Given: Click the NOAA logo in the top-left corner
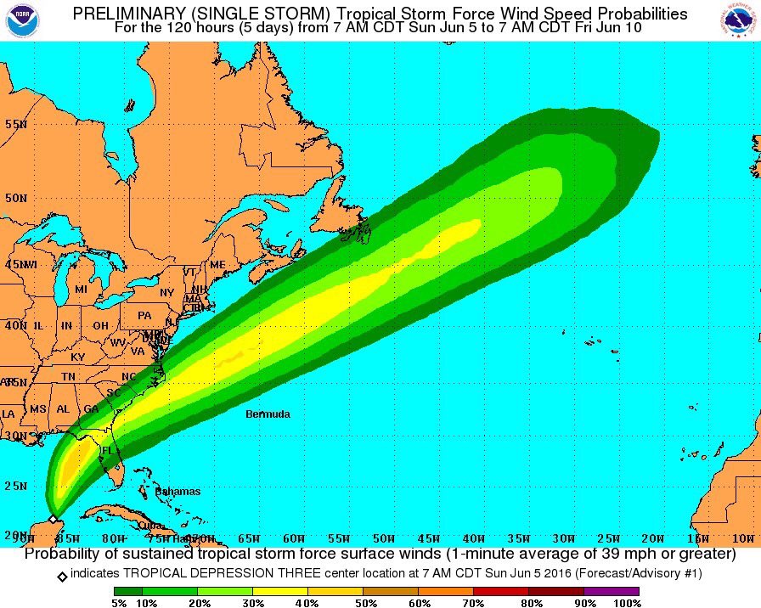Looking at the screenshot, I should [20, 20].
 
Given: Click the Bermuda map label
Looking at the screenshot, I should [268, 414].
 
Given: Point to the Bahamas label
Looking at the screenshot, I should [178, 492].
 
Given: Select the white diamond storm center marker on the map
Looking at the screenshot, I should [53, 518].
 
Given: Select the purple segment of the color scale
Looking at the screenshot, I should [611, 591].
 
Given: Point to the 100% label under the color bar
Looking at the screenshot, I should [628, 603].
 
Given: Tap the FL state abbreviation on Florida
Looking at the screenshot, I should [108, 450].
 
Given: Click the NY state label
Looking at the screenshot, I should [166, 293].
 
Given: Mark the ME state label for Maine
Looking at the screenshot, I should [217, 265].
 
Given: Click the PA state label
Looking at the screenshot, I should [144, 315].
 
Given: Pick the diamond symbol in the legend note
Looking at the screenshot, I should [62, 575].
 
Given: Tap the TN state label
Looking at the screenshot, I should [70, 375].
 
